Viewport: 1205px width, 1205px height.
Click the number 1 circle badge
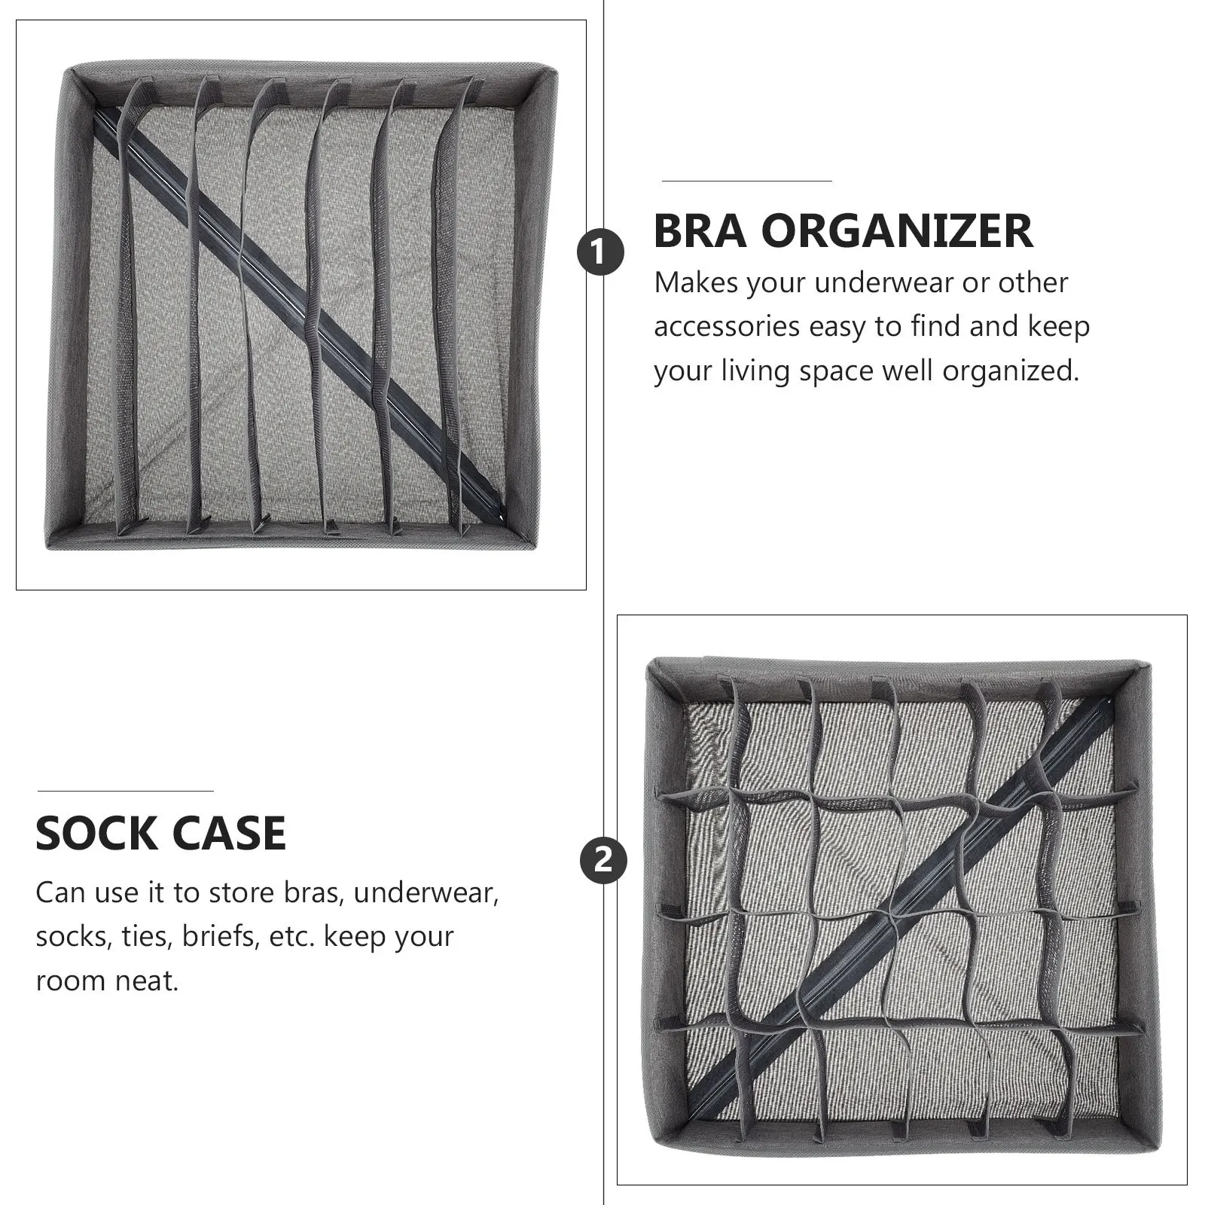click(600, 252)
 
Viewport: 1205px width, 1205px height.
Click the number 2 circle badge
click(602, 861)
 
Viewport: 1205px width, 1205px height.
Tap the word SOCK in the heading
click(96, 833)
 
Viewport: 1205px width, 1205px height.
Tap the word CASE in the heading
click(229, 833)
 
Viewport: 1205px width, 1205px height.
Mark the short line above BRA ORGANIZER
click(746, 181)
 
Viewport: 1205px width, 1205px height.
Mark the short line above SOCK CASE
click(125, 791)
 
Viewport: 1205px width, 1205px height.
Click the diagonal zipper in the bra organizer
click(301, 309)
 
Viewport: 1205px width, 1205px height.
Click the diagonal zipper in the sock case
click(889, 915)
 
